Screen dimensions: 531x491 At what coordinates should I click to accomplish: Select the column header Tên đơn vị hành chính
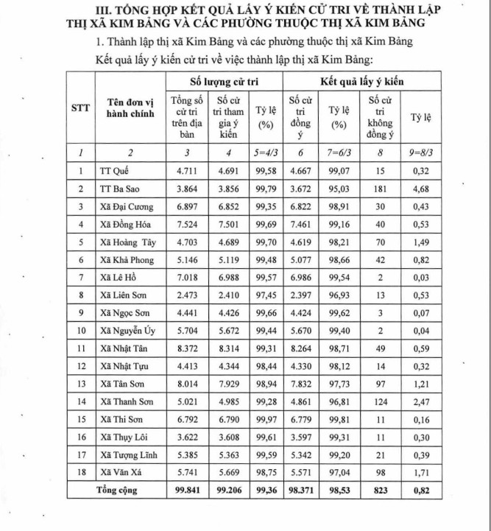[123, 109]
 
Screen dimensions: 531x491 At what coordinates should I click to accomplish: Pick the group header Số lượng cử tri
[223, 81]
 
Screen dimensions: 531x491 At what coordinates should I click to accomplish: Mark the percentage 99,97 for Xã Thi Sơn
[266, 420]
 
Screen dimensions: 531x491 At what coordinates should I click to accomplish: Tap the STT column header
[81, 108]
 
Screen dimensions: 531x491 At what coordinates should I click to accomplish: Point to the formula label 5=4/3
[266, 152]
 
